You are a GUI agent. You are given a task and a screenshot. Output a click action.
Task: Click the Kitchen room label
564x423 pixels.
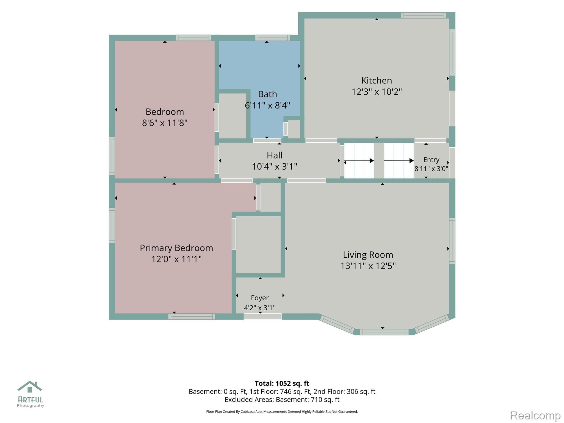point(376,80)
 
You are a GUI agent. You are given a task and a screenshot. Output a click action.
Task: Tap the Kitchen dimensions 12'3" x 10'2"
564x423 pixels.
point(376,92)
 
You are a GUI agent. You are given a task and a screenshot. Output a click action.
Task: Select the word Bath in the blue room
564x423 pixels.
point(267,94)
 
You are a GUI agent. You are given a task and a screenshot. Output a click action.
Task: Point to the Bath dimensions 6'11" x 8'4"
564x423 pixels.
point(267,105)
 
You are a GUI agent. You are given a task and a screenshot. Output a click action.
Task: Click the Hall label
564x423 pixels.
point(275,155)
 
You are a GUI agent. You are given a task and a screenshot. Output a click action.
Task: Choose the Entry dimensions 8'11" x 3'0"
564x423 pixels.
point(431,169)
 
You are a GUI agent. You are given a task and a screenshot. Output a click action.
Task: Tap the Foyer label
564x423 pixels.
point(260,298)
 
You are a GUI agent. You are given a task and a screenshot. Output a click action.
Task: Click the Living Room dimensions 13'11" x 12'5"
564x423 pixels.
point(368,266)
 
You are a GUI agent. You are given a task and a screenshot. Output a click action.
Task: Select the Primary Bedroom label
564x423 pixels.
point(176,248)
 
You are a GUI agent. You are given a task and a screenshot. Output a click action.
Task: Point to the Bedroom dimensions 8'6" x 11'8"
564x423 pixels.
point(165,123)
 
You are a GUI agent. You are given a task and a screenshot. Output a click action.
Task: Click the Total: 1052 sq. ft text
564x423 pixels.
point(282,383)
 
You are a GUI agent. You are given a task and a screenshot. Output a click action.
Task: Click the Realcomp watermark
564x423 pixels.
point(535,415)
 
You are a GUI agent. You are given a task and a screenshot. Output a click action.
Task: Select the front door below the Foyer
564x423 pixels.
point(263,317)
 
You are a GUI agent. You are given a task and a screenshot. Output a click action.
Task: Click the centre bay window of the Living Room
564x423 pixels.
point(384,332)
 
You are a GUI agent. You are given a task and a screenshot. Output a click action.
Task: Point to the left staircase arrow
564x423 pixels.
point(359,161)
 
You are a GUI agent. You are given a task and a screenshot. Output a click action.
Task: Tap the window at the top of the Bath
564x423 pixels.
point(273,38)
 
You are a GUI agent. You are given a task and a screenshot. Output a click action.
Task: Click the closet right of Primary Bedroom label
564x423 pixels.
point(258,245)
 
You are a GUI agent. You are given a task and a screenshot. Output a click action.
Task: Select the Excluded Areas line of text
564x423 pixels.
point(282,400)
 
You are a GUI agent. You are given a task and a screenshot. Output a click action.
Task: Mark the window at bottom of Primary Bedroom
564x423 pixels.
point(192,317)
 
